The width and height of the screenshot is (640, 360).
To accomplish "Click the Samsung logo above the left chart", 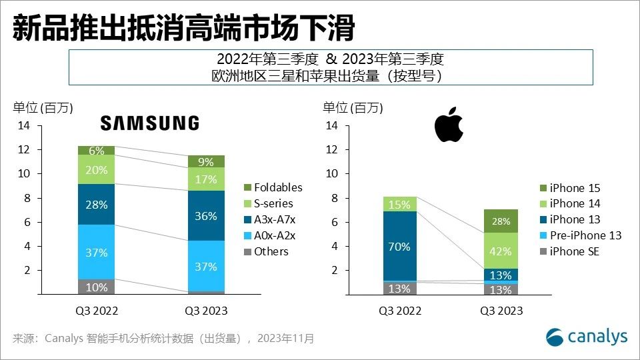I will [149, 123].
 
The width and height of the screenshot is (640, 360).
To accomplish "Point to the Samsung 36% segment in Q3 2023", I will [206, 215].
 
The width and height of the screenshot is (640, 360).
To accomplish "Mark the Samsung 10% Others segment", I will [96, 287].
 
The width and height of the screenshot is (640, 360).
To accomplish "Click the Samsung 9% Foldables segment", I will [206, 161].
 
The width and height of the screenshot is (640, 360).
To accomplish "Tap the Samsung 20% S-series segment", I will [96, 169].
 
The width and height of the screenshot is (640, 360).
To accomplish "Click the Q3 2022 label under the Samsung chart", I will [96, 311].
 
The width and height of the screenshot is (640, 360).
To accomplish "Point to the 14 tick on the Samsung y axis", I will [24, 126].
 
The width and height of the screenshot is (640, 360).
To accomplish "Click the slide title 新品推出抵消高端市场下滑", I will [183, 29].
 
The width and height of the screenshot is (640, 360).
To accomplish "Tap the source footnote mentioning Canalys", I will [163, 339].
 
